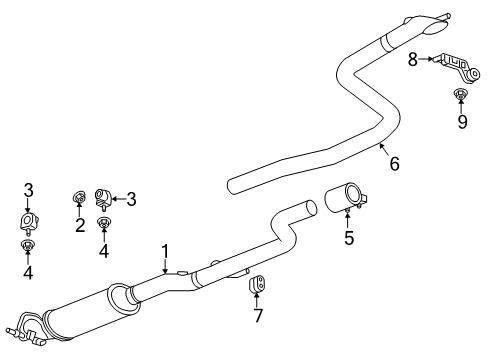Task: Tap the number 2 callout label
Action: (80, 225)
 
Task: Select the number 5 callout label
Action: (348, 238)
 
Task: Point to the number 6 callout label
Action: (394, 163)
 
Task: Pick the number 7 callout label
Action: (257, 317)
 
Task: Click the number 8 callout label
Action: (412, 60)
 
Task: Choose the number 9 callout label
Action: (462, 122)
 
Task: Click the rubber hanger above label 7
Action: (256, 287)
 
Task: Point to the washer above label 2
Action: (80, 197)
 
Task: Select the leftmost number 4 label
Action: (28, 273)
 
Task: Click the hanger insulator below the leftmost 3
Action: (28, 220)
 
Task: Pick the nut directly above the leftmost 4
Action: (28, 246)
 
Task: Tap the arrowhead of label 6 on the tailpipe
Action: (381, 145)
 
